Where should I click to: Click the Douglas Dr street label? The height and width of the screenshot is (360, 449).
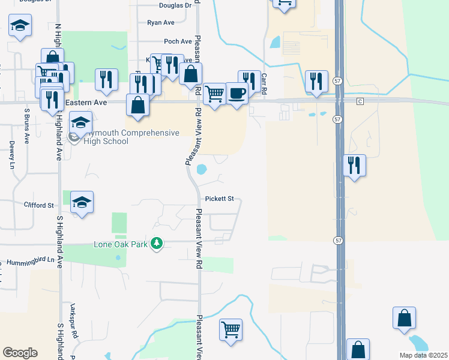175,5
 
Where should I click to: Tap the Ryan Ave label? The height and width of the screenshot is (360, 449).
160,23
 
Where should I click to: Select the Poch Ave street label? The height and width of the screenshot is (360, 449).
178,41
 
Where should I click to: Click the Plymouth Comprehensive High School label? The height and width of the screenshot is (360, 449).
131,137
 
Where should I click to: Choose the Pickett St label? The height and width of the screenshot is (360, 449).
219,199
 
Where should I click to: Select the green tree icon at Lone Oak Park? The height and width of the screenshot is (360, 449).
157,244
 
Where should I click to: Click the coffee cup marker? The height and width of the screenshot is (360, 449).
237,94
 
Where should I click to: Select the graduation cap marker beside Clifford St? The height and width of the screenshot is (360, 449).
82,203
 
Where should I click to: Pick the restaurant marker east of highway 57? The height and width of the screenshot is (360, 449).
354,164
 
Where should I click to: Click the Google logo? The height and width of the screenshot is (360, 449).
20,353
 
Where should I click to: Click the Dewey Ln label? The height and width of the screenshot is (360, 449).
11,155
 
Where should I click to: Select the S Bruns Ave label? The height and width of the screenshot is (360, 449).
27,125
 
